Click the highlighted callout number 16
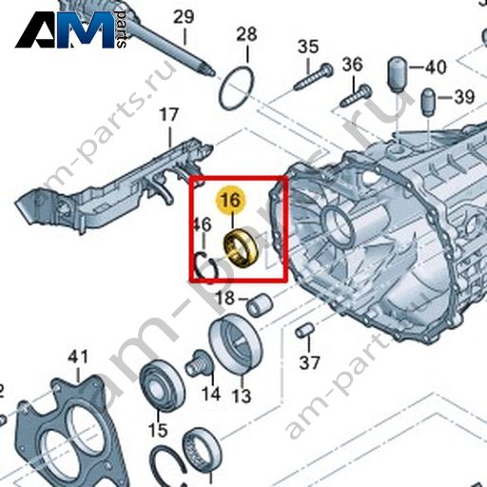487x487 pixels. pos(230,201)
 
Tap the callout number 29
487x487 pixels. pos(184,17)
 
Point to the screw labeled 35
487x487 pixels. pos(313,76)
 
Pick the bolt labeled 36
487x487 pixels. pos(356,95)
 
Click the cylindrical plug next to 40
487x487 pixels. pos(398,74)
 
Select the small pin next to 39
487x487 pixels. pos(429,102)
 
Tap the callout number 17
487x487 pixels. pos(168,114)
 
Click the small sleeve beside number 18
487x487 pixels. pos(260,305)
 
